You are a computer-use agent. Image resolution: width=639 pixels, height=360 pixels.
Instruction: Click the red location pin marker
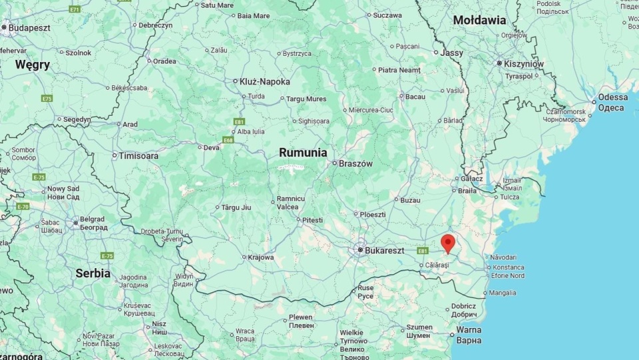tap(448, 244)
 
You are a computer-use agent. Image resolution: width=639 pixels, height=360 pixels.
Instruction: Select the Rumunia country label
tap(303, 152)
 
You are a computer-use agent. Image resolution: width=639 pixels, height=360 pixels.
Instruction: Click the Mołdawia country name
tap(479, 20)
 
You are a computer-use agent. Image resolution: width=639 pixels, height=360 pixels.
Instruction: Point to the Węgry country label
tap(33, 65)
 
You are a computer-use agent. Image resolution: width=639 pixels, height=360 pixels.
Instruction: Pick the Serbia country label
tap(93, 273)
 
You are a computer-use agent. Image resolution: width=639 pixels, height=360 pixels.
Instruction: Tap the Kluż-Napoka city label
tap(265, 82)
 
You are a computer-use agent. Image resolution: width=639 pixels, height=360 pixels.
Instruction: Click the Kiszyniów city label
tap(524, 64)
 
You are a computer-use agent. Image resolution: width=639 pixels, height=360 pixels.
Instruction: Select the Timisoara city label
tap(138, 156)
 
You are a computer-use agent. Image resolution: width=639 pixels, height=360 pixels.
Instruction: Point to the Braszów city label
tap(355, 163)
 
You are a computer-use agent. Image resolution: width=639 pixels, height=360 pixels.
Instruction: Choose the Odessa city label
tap(612, 97)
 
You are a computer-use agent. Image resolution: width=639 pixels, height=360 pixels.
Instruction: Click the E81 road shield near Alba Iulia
tap(239, 122)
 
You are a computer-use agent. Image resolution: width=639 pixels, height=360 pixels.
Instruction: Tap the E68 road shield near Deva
tap(228, 140)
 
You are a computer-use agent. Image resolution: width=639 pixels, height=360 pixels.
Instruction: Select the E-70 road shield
tap(23, 206)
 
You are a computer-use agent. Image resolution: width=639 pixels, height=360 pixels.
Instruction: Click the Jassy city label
tap(452, 52)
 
